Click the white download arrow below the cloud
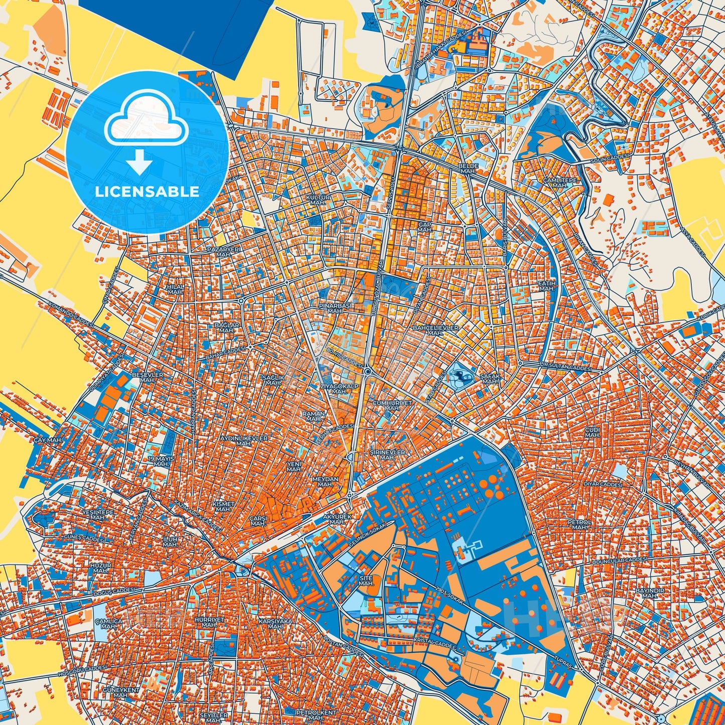(x=140, y=162)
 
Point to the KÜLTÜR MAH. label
(x=319, y=200)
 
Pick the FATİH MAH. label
(x=546, y=286)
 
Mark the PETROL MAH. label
(x=579, y=524)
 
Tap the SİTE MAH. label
(x=366, y=581)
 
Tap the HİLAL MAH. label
(x=176, y=289)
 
